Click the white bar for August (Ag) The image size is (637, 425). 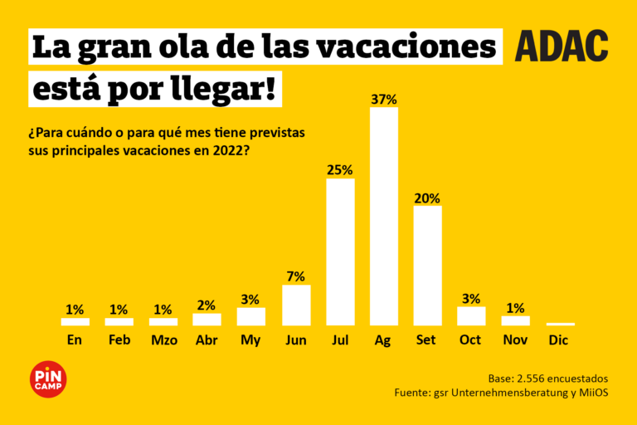tap(384, 216)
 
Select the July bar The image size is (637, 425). tap(340, 252)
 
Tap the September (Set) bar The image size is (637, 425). tap(428, 266)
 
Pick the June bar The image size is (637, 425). tap(296, 305)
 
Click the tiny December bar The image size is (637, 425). tap(560, 324)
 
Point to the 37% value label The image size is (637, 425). tap(384, 100)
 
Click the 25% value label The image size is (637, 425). tap(340, 170)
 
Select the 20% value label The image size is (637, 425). tap(428, 198)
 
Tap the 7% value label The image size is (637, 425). tap(296, 276)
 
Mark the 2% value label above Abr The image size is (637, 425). tap(207, 305)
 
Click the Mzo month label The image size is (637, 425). tap(163, 340)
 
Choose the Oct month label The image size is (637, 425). tap(470, 340)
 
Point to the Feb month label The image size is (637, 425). tap(119, 340)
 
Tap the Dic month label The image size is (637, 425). tap(559, 340)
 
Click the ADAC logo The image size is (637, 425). tap(562, 46)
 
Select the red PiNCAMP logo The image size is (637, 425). tap(47, 379)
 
